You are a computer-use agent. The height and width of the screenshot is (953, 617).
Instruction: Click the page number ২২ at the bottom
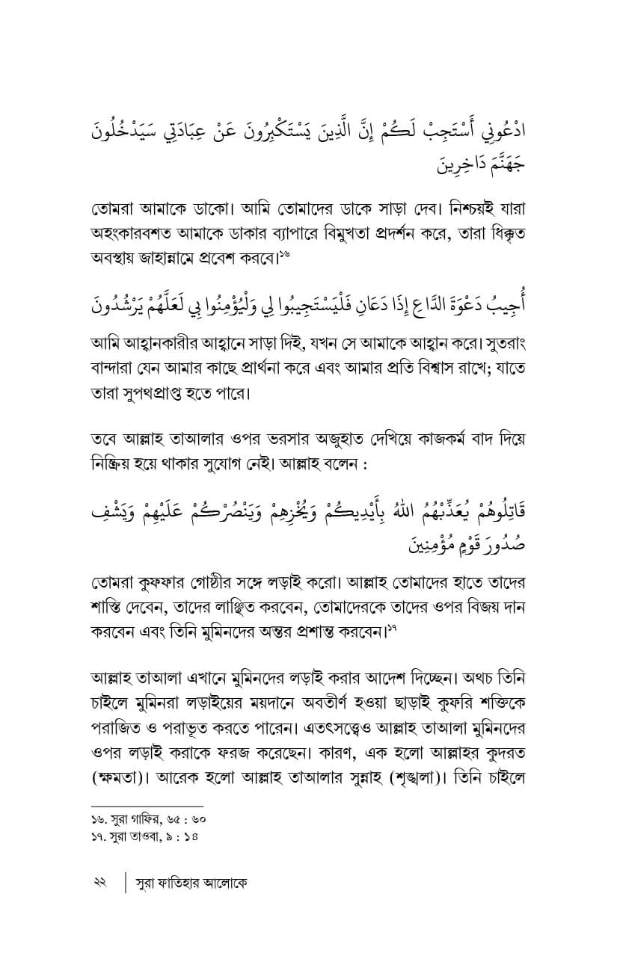96,883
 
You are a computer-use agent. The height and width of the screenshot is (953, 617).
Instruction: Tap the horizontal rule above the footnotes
132,804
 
